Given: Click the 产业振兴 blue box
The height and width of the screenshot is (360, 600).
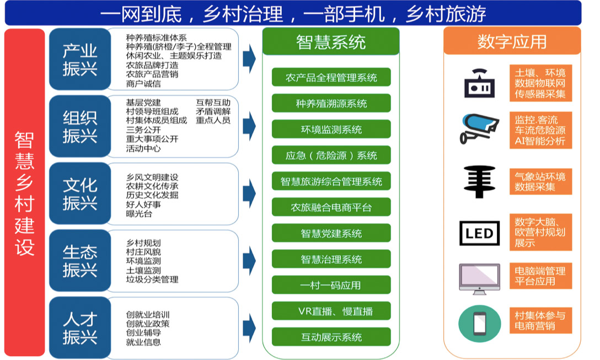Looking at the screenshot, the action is pyautogui.click(x=80, y=59).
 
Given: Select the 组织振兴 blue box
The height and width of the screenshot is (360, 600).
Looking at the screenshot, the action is pyautogui.click(x=80, y=126).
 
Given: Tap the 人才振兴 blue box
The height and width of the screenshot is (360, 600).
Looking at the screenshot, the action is pyautogui.click(x=80, y=328).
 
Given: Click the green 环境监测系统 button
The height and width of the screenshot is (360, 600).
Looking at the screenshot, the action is pyautogui.click(x=331, y=130).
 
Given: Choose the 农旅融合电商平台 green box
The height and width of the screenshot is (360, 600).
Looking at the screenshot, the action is pyautogui.click(x=331, y=207).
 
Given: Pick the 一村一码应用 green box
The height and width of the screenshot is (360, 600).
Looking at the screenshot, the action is pyautogui.click(x=331, y=285).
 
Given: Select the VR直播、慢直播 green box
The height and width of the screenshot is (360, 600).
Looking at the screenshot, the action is pyautogui.click(x=331, y=311).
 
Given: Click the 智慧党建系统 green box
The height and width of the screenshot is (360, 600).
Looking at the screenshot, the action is pyautogui.click(x=331, y=233).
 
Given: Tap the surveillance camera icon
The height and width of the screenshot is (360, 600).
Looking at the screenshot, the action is pyautogui.click(x=479, y=128).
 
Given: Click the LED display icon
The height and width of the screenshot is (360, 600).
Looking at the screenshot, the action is pyautogui.click(x=479, y=233).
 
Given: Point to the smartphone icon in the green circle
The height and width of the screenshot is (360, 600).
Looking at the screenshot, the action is pyautogui.click(x=479, y=324).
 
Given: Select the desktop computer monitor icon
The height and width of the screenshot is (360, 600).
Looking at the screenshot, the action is pyautogui.click(x=479, y=278).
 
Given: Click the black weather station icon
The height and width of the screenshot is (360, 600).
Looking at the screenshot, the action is pyautogui.click(x=479, y=182).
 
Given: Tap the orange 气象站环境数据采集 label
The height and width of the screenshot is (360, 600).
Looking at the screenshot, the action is pyautogui.click(x=540, y=181).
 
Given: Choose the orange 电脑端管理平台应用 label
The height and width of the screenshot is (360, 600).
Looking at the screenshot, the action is pyautogui.click(x=540, y=276).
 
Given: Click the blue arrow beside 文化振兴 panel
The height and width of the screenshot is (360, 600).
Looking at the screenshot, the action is pyautogui.click(x=249, y=193).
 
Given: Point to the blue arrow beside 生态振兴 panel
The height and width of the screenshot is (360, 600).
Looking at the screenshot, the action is pyautogui.click(x=249, y=261).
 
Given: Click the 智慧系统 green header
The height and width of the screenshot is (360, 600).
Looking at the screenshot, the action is pyautogui.click(x=331, y=41).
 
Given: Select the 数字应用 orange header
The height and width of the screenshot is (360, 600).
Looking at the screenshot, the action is pyautogui.click(x=512, y=41).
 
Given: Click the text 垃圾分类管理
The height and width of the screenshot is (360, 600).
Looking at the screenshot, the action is pyautogui.click(x=152, y=280).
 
